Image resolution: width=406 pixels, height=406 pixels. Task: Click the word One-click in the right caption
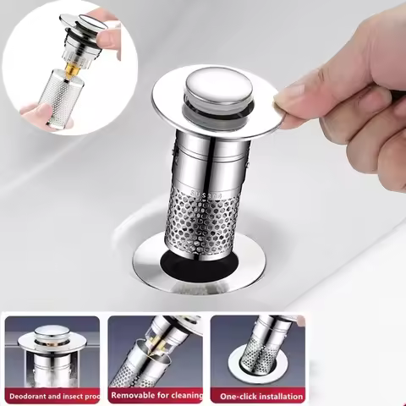click(x=237, y=396)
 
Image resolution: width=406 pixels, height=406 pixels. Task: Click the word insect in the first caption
click(x=81, y=395)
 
